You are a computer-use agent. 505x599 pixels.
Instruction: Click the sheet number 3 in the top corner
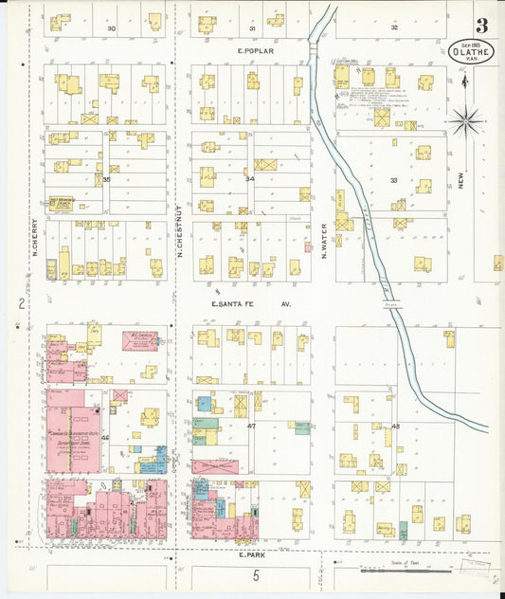coord(482,25)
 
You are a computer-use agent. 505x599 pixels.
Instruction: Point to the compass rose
coord(465,119)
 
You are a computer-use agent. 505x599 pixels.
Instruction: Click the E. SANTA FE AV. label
coord(250,304)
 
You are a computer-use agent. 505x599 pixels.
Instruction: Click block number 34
coord(250,178)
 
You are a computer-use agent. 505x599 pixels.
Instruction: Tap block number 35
coord(107,178)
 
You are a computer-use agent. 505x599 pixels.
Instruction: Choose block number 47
coord(252,427)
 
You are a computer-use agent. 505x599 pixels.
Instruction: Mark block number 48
coord(395,427)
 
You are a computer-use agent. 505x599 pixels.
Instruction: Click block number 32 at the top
coord(394,28)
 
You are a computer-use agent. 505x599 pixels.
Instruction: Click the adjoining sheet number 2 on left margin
coord(21,303)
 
